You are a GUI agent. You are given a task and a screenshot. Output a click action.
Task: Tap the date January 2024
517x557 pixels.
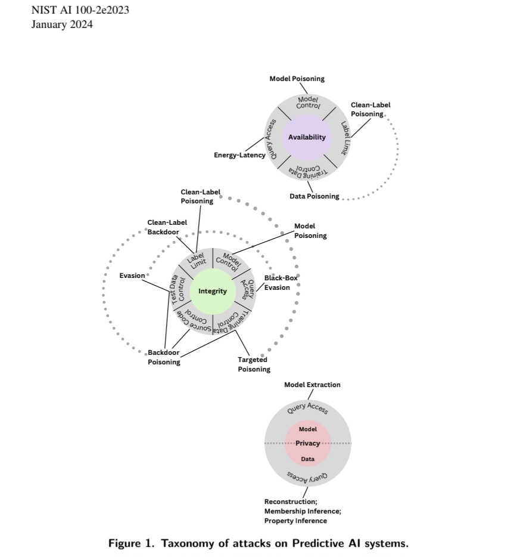62,24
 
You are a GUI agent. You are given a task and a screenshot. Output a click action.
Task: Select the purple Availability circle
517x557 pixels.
307,137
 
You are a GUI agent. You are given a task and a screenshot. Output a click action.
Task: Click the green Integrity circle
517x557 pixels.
213,291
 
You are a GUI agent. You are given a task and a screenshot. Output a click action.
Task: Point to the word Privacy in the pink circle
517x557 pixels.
307,443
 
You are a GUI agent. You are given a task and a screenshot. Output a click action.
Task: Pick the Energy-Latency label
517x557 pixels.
239,156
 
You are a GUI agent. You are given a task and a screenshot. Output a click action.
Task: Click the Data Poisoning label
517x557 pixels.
314,196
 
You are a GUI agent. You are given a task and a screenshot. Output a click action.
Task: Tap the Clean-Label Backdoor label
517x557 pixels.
167,227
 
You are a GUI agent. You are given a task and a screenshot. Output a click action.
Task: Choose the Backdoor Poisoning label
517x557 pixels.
164,357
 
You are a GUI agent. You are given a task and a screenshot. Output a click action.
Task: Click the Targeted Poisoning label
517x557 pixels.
254,364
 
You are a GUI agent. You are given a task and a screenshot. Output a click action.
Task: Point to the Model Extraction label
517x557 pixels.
312,385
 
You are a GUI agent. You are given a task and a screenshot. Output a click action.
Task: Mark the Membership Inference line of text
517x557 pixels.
303,511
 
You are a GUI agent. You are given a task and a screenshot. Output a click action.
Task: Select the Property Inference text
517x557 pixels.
295,521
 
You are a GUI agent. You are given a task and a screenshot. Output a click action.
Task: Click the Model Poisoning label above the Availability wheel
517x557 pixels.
297,79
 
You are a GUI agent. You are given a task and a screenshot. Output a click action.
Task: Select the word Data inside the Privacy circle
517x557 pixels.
307,459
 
